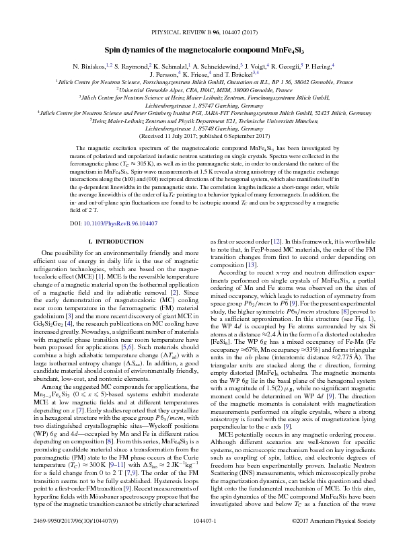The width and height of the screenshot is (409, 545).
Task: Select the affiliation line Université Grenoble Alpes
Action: coord(204,88)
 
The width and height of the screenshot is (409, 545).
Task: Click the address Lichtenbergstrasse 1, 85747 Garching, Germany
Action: coord(204,105)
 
